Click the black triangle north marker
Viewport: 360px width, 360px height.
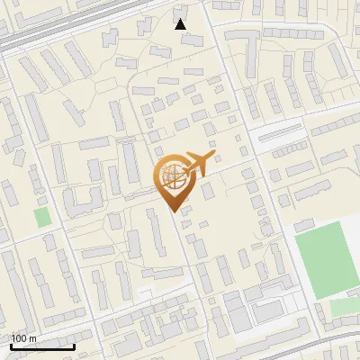point(181,24)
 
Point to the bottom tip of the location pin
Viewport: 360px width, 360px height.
point(175,211)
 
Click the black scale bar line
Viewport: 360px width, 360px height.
point(42,346)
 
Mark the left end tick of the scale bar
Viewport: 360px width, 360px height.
point(11,345)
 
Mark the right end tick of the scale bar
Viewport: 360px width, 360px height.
point(74,345)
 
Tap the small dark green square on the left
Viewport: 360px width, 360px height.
point(42,217)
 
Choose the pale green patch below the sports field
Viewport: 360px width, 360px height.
point(343,307)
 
